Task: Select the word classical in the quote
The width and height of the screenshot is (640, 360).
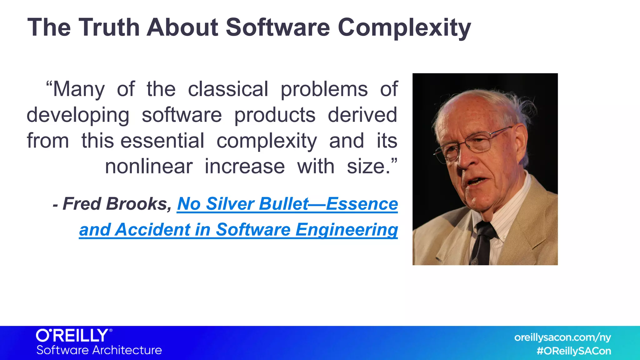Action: (x=228, y=89)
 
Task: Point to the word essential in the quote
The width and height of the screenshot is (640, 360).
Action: (x=162, y=141)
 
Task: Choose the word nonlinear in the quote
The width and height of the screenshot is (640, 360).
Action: (x=148, y=167)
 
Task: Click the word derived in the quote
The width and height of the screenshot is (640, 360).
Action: (x=362, y=115)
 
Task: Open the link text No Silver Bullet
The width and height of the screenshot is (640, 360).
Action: (x=243, y=204)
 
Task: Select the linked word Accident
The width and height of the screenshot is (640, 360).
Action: (x=152, y=230)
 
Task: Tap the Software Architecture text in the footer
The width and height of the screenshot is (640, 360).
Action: (x=99, y=350)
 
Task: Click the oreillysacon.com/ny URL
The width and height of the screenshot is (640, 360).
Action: (x=562, y=337)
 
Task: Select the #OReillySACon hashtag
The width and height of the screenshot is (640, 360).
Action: (x=573, y=351)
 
